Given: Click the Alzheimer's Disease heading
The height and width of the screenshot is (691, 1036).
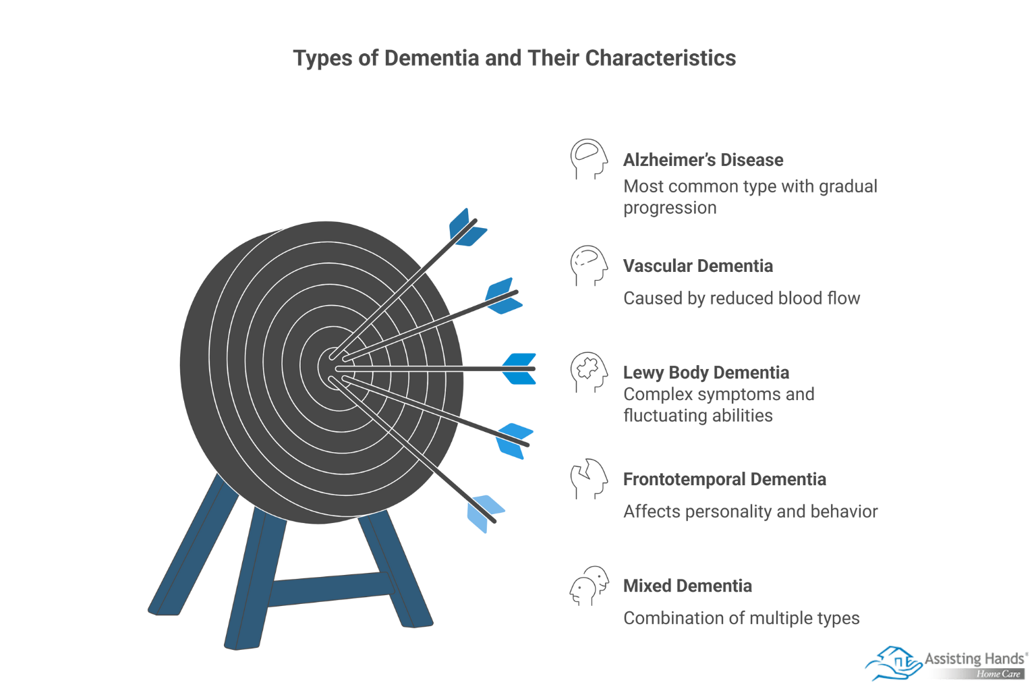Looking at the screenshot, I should (703, 160).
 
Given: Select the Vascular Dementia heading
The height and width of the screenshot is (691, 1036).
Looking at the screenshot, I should (697, 266).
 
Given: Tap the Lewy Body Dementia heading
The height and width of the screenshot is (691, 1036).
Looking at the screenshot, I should (706, 372).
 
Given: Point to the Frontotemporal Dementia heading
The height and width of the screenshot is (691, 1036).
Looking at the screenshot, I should (724, 479).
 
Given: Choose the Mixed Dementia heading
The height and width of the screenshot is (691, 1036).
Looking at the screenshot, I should (687, 586).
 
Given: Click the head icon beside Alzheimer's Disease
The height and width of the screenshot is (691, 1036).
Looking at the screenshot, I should (588, 159).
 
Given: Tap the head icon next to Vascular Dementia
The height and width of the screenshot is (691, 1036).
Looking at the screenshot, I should (588, 265).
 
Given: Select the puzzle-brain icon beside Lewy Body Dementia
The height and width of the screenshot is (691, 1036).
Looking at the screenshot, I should (588, 371).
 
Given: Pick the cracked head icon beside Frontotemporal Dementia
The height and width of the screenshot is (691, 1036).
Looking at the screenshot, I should (588, 478).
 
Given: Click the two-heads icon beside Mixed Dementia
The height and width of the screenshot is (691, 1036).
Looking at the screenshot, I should (589, 585).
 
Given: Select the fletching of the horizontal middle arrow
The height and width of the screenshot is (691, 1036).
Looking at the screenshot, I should (519, 368).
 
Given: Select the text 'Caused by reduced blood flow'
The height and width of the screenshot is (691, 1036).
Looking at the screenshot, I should (741, 298).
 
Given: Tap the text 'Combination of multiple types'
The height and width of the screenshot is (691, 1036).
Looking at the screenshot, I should (741, 618).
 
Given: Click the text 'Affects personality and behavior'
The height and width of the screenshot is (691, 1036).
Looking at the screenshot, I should (750, 512).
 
